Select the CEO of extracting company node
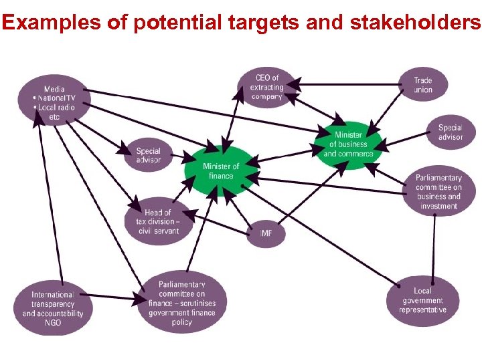(x=266, y=88)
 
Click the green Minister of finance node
(x=221, y=171)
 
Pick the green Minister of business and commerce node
(x=349, y=144)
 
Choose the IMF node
(x=267, y=234)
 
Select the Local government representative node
(x=422, y=301)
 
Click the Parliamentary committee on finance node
(x=182, y=304)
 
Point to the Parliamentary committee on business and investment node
(x=438, y=192)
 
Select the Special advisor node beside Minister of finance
(x=148, y=156)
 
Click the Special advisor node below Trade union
(x=450, y=132)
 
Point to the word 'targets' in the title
(x=253, y=23)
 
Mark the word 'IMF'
(x=267, y=234)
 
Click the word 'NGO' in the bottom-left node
(x=53, y=323)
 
